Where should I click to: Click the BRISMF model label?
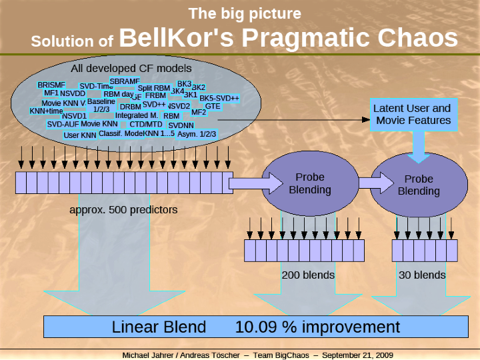coord(51,85)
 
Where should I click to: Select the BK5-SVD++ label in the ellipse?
coord(219,98)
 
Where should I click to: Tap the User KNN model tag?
coord(80,135)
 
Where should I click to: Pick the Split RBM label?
coord(153,88)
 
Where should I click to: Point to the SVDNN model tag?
coord(181,125)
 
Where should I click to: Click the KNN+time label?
coord(46,111)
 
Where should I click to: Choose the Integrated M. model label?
coord(136,115)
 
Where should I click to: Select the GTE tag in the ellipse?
coord(213,106)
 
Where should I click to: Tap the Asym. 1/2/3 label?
coord(197,133)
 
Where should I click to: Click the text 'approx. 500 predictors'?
coord(123,209)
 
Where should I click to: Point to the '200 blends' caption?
coord(308,274)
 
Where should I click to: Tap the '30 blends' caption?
coord(422,274)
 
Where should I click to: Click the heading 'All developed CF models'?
coord(131,68)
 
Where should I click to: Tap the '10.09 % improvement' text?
coord(317,327)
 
